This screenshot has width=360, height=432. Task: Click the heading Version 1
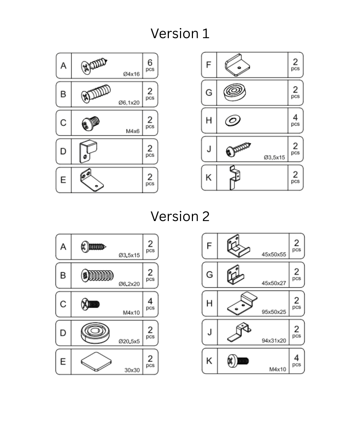180,33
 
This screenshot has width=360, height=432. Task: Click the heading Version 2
180,216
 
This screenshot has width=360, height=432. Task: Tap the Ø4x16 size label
131,74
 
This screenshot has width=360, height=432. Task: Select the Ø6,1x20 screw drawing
96,93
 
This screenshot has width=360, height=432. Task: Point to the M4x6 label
132,131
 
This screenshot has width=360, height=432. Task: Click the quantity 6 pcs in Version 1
150,65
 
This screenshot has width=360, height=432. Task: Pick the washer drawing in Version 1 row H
233,120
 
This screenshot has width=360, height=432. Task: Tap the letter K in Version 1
209,177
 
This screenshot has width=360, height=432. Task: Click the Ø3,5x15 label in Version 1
274,157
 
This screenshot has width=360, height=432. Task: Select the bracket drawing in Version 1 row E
91,180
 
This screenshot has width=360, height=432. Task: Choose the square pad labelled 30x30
96,361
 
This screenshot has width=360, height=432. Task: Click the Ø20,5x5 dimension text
129,341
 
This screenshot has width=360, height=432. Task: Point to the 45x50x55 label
274,255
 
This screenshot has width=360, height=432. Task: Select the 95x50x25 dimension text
274,312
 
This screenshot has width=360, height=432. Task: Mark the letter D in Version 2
63,333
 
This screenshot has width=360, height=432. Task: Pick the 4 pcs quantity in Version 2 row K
296,360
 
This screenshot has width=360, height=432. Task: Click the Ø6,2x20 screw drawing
97,275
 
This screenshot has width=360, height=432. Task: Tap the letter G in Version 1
209,93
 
